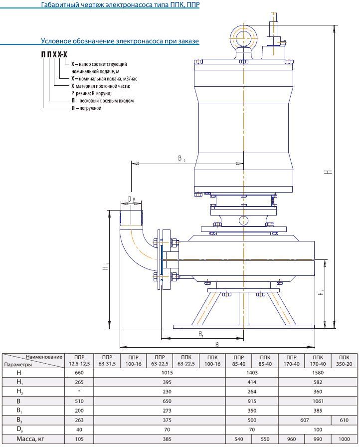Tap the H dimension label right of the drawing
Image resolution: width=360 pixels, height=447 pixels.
pos(328,172)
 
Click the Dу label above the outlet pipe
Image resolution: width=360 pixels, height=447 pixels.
pos(131,199)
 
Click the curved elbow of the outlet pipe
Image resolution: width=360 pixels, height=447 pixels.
pos(132,245)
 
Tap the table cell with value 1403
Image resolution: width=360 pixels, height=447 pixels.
pos(252,372)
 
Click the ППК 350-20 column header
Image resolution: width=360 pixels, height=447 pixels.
pos(344,361)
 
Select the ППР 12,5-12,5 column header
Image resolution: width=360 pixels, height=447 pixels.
pos(79,361)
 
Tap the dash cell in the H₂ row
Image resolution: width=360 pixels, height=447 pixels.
pos(79,392)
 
